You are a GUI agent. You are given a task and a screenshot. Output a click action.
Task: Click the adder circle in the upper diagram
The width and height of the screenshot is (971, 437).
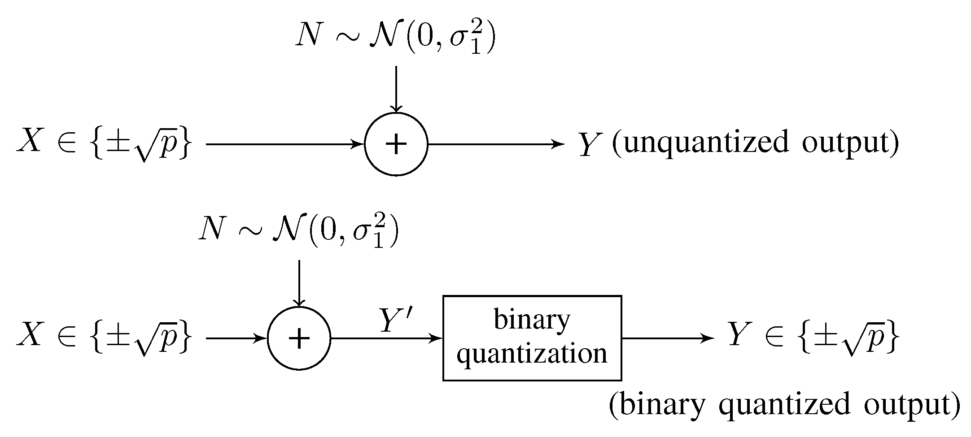(396, 144)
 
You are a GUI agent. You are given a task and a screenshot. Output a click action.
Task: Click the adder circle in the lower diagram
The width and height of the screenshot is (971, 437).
(299, 338)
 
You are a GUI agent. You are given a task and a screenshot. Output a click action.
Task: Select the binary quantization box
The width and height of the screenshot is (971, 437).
(532, 338)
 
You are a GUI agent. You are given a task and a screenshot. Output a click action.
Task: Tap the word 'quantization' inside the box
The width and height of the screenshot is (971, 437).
(532, 354)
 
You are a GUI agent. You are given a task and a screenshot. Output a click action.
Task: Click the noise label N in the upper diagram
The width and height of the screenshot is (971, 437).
(308, 35)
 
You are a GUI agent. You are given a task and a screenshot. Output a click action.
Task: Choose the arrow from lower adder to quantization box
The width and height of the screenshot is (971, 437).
(386, 338)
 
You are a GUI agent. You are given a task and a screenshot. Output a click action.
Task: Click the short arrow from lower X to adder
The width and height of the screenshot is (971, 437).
(236, 338)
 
